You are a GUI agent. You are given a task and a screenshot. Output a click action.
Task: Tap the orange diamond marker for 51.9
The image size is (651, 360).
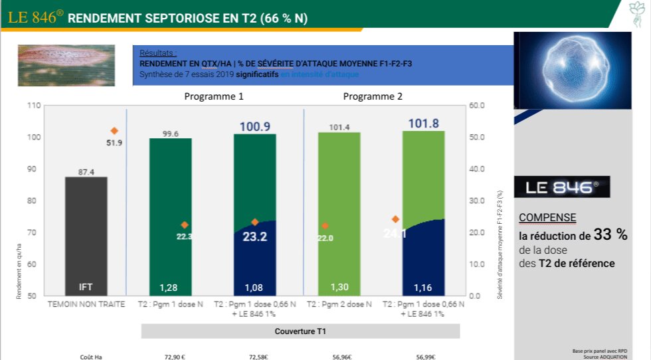(x=114, y=131)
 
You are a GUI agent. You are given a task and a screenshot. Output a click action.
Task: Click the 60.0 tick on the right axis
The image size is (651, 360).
(x=477, y=106)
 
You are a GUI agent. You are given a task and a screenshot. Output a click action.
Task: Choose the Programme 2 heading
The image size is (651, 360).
(x=373, y=96)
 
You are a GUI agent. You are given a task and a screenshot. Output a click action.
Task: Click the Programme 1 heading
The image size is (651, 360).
(x=213, y=96)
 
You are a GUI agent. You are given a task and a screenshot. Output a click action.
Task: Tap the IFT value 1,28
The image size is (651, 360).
(x=170, y=288)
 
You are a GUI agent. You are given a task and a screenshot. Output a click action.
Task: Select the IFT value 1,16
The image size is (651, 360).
(x=423, y=288)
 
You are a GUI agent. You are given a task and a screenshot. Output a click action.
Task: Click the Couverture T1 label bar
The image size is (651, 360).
(x=301, y=331)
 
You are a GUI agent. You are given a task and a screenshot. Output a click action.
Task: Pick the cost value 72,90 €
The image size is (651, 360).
(x=175, y=357)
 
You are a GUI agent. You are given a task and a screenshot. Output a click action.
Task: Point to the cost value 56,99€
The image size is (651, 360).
(x=426, y=357)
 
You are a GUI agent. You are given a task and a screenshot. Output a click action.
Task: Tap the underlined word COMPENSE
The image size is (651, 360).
(x=547, y=218)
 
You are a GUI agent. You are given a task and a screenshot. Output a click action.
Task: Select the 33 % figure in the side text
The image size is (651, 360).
(x=610, y=234)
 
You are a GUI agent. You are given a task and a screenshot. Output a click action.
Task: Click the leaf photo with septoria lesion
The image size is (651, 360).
(x=66, y=65)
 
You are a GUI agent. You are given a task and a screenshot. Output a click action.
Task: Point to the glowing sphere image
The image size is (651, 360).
(x=572, y=69)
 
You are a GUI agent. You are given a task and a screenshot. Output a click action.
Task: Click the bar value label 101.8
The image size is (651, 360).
(x=423, y=124)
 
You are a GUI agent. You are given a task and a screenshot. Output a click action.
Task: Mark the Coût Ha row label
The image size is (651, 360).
(x=91, y=357)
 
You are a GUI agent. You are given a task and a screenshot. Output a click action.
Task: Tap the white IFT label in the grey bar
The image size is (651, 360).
(x=86, y=288)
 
